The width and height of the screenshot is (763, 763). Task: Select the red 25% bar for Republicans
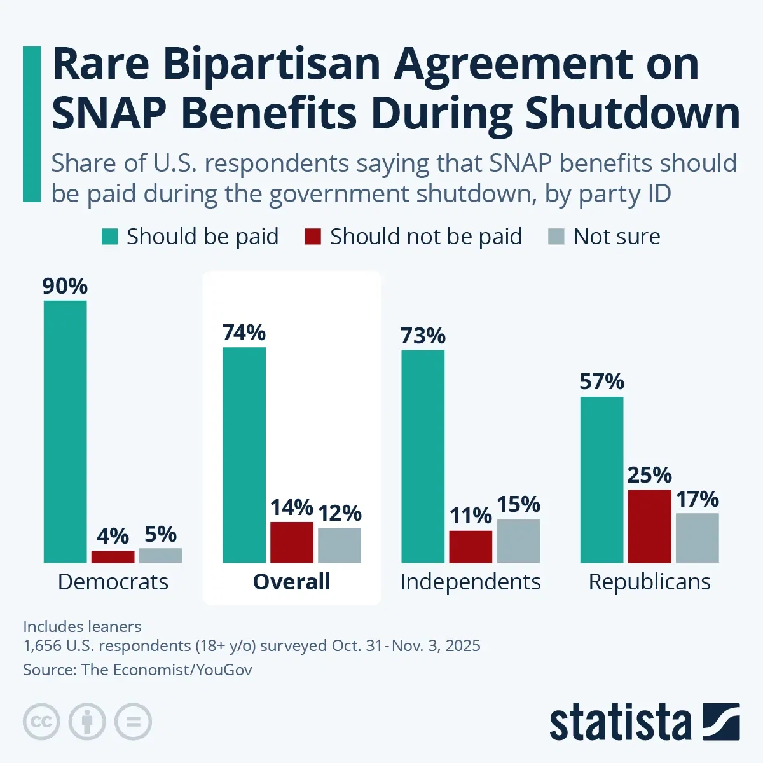tap(649, 526)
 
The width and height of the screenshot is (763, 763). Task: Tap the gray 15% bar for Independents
tap(518, 540)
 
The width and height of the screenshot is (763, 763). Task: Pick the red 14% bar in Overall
tap(292, 542)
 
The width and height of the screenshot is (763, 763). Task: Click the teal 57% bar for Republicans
tap(601, 479)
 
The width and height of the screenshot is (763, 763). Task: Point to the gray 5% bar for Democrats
tap(160, 555)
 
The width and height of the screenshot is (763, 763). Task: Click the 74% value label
tap(244, 333)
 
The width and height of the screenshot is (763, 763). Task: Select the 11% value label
tap(471, 516)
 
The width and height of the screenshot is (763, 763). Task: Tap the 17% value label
tap(697, 499)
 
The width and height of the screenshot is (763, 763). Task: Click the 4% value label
tap(113, 536)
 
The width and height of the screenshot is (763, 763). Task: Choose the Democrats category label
tap(113, 582)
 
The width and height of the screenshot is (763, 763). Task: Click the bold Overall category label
tap(292, 582)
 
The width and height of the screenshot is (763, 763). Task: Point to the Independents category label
tap(471, 582)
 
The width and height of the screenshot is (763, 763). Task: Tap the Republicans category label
tap(649, 582)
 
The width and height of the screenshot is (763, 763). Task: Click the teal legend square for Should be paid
tap(110, 237)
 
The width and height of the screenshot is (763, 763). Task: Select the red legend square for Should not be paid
tap(313, 237)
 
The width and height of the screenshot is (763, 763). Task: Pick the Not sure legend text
tap(616, 237)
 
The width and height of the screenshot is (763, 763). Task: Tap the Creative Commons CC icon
tap(41, 722)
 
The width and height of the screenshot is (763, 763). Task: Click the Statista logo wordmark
tap(620, 722)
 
